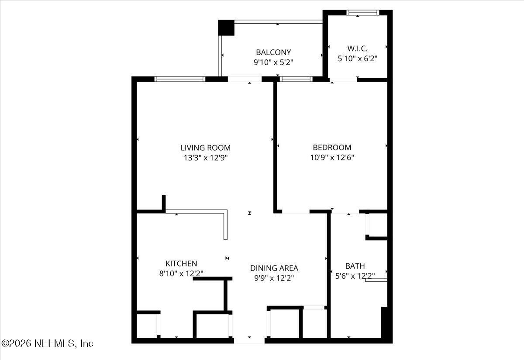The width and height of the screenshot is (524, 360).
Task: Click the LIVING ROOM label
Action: click(x=206, y=148)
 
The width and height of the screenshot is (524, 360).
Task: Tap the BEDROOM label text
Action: click(x=332, y=148)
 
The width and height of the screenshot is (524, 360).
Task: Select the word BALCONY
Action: click(x=273, y=52)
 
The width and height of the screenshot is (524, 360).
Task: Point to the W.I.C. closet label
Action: click(x=358, y=48)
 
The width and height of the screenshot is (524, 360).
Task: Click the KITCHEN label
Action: click(x=181, y=263)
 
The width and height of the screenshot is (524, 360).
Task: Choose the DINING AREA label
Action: click(x=274, y=268)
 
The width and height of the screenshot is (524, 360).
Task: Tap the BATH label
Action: click(x=355, y=266)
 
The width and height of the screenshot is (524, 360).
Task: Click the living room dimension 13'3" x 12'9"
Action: click(x=206, y=158)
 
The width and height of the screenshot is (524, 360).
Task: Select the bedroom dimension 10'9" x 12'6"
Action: click(x=332, y=158)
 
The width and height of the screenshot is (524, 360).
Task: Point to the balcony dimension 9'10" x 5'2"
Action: click(x=273, y=62)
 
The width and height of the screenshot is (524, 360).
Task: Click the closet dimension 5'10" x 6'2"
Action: click(x=358, y=58)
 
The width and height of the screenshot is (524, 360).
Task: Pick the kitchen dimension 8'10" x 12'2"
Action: click(x=181, y=273)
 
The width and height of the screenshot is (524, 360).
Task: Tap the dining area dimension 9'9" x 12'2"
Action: click(x=274, y=278)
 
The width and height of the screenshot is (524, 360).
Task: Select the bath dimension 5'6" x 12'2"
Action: click(x=355, y=276)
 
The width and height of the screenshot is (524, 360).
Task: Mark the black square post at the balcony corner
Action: click(x=226, y=28)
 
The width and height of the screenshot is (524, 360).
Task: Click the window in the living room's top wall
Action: click(x=180, y=79)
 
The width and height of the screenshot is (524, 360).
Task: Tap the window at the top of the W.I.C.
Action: click(x=362, y=13)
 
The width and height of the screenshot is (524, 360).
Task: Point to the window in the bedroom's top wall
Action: click(x=296, y=79)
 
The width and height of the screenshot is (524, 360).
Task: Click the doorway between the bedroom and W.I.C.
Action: click(x=344, y=80)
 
